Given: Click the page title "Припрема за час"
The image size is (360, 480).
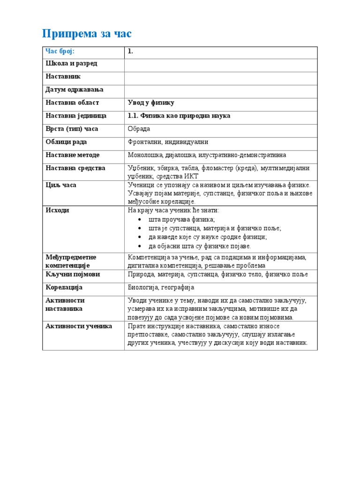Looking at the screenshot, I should tap(87, 34).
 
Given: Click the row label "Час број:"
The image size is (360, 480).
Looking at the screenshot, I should tap(60, 51).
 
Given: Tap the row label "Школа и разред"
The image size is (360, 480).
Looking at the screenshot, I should tap(71, 63).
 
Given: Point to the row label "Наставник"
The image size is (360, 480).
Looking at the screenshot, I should tap(63, 76).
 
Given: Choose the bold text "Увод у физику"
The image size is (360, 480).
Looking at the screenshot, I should tap(150, 103).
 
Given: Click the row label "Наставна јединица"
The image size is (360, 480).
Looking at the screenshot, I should tap(76, 116).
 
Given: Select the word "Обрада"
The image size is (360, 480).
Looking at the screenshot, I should tap(139, 129).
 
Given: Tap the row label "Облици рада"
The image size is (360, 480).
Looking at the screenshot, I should tap(66, 142).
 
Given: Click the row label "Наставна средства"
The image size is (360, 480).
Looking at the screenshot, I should tap(75, 168).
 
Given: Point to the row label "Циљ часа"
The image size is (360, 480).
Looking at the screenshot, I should tap(61, 185).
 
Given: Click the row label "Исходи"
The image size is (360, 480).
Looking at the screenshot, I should tap(57, 210).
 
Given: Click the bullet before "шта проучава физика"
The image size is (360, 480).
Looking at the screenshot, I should tap(142, 219).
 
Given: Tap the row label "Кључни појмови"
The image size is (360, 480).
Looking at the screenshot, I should tap(73, 274).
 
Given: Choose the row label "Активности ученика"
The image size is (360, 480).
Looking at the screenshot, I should tap(79, 326).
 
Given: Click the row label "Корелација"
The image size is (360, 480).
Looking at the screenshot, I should tap(64, 287).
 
